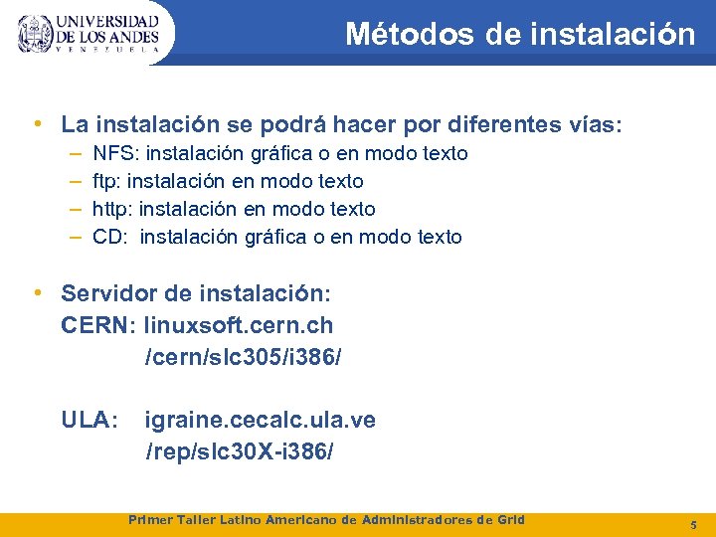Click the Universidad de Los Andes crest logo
click(36, 34)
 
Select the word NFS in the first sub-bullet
click(110, 153)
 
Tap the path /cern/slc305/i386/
click(244, 356)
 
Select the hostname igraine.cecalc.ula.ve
click(261, 421)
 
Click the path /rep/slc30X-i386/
click(240, 451)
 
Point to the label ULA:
click(89, 421)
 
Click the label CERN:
click(99, 325)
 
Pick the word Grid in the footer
click(509, 520)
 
